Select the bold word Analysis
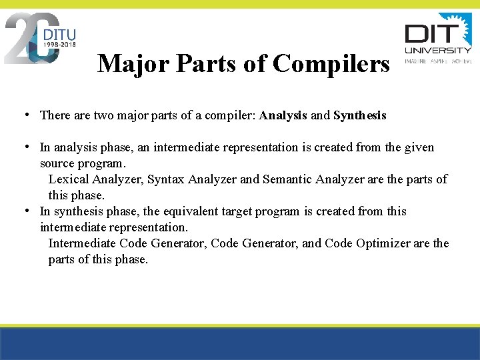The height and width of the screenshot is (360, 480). pyautogui.click(x=283, y=115)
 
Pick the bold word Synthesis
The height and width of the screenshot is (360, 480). pyautogui.click(x=359, y=115)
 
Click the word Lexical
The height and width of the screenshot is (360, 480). pyautogui.click(x=70, y=179)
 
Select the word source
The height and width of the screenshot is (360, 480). pyautogui.click(x=57, y=163)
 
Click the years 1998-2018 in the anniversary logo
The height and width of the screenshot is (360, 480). pyautogui.click(x=59, y=44)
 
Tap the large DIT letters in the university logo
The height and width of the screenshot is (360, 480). pyautogui.click(x=431, y=33)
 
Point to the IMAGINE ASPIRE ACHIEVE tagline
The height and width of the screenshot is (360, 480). pyautogui.click(x=438, y=61)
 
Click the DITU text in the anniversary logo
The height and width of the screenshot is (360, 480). pyautogui.click(x=59, y=33)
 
